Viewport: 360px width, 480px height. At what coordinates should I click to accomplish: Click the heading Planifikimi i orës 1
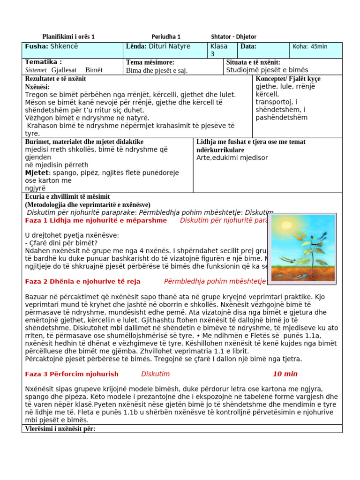[x=68, y=37]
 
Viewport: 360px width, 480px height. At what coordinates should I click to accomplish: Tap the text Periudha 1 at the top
[x=166, y=37]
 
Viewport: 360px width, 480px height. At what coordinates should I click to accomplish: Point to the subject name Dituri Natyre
[x=169, y=46]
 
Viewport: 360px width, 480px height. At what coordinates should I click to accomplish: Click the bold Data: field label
[x=248, y=46]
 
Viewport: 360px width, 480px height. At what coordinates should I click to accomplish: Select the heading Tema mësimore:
[x=150, y=62]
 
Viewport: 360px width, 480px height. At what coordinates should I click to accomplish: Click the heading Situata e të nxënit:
[x=253, y=62]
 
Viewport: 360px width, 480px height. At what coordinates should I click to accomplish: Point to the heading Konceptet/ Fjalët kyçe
[x=288, y=78]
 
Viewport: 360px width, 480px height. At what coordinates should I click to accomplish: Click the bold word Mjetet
[x=37, y=172]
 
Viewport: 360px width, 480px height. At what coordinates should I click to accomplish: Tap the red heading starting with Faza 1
[x=96, y=220]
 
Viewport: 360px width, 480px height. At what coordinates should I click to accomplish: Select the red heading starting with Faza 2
[x=82, y=281]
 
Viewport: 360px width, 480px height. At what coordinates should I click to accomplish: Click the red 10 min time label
[x=285, y=374]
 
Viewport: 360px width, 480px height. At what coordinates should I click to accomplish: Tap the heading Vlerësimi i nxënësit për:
[x=60, y=429]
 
